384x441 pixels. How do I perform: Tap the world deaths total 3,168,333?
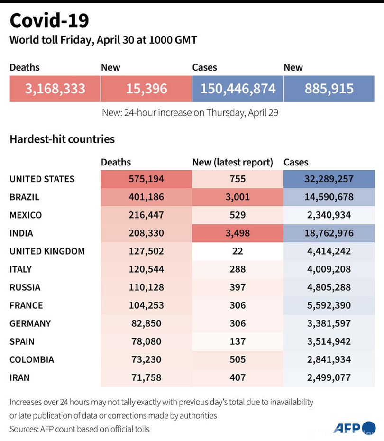click(x=55, y=88)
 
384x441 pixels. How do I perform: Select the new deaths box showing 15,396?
click(x=146, y=88)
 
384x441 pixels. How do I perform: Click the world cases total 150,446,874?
click(x=238, y=88)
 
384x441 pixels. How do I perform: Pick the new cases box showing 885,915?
click(x=329, y=88)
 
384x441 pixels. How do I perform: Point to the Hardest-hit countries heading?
click(x=62, y=139)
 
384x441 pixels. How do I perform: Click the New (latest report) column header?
click(x=232, y=162)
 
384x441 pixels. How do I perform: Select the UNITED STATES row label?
click(x=42, y=179)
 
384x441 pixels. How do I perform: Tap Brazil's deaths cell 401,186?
click(x=146, y=197)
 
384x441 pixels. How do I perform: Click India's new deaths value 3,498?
click(x=238, y=233)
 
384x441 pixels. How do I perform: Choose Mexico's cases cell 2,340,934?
click(x=329, y=215)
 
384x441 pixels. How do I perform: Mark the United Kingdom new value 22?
click(x=238, y=251)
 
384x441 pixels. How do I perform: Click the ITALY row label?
click(x=21, y=269)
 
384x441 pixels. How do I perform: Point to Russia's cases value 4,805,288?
click(x=329, y=287)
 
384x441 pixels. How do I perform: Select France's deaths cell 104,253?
click(x=146, y=305)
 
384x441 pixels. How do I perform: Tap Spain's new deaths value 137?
click(x=238, y=341)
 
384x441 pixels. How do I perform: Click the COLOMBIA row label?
click(x=32, y=359)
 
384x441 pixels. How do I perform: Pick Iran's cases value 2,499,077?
click(x=329, y=377)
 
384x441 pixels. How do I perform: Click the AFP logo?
click(x=354, y=428)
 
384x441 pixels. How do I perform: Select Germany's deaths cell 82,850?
click(x=146, y=323)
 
